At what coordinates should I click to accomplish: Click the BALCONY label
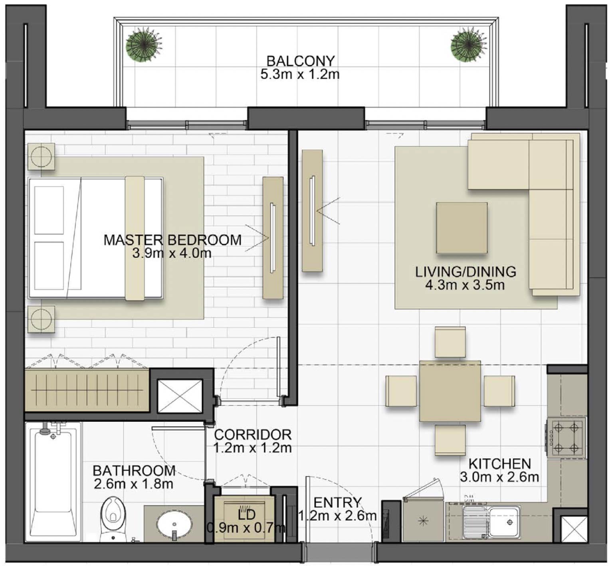point(300,61)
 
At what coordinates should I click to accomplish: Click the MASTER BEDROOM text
point(172,240)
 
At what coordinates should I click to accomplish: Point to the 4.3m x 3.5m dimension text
point(465,285)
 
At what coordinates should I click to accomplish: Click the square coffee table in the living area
point(461,228)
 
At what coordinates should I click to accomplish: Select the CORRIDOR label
point(253,434)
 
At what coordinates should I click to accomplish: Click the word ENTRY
point(337,502)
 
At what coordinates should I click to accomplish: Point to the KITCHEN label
point(499,464)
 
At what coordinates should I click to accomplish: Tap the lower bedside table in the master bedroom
point(41,319)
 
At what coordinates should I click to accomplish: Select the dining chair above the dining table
point(450,342)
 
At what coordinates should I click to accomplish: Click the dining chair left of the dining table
point(401,391)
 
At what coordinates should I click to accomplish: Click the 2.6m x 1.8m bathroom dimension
point(134,484)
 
